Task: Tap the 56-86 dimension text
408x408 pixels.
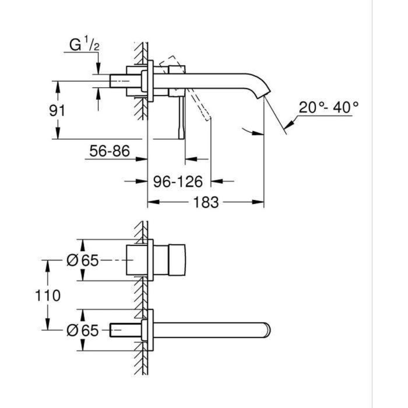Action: (x=109, y=152)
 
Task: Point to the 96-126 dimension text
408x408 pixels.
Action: (x=178, y=182)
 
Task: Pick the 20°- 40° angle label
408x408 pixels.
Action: (x=329, y=107)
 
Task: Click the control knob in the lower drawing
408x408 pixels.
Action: (x=175, y=261)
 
